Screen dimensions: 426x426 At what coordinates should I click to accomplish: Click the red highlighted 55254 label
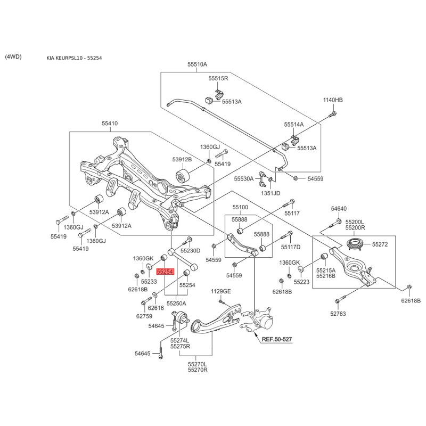click(165, 272)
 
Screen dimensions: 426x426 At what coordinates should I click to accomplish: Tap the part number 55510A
click(197, 64)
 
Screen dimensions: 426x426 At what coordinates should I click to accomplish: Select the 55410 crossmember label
click(110, 124)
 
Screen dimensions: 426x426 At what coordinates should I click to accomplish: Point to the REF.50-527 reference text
click(276, 339)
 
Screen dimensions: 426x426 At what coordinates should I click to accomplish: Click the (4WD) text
click(13, 57)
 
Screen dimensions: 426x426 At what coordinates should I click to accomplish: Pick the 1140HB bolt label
click(333, 100)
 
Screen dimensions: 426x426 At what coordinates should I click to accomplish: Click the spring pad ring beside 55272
click(356, 244)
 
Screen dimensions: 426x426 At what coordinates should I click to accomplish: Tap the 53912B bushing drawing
click(183, 176)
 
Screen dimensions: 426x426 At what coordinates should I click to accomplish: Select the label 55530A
click(244, 179)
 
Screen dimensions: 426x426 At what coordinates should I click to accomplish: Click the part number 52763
click(338, 314)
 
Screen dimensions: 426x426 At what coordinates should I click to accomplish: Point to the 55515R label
click(218, 78)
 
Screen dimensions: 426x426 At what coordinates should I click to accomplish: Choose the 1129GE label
click(221, 291)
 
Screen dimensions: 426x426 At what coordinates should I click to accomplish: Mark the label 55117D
click(291, 247)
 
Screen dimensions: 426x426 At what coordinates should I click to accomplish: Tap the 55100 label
click(240, 207)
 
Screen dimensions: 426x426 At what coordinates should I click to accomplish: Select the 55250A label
click(176, 304)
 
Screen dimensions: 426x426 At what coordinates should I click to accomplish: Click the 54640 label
click(339, 209)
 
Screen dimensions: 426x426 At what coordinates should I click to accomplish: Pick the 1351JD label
click(271, 193)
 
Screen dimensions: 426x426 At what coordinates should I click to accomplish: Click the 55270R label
click(198, 370)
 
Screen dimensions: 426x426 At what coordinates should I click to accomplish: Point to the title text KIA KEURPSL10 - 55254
click(74, 58)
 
